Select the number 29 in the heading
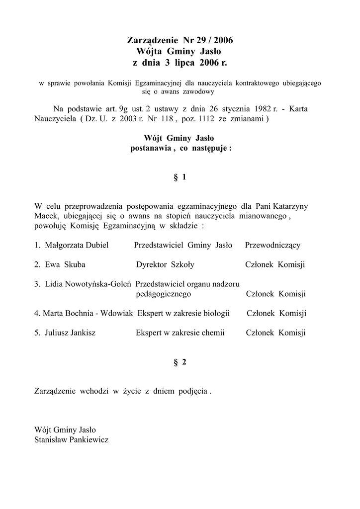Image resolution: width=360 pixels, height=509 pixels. (x=202, y=40)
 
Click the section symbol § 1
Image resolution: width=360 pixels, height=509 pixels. (x=180, y=177)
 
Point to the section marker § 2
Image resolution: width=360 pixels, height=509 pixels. (x=180, y=362)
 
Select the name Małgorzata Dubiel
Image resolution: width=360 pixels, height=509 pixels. (x=77, y=246)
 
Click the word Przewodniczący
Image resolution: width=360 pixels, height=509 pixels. (x=272, y=246)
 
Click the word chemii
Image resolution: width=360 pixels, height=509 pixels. (x=213, y=333)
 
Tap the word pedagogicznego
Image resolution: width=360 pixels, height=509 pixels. (x=163, y=294)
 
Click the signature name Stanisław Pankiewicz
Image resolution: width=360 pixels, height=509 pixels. (x=72, y=440)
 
